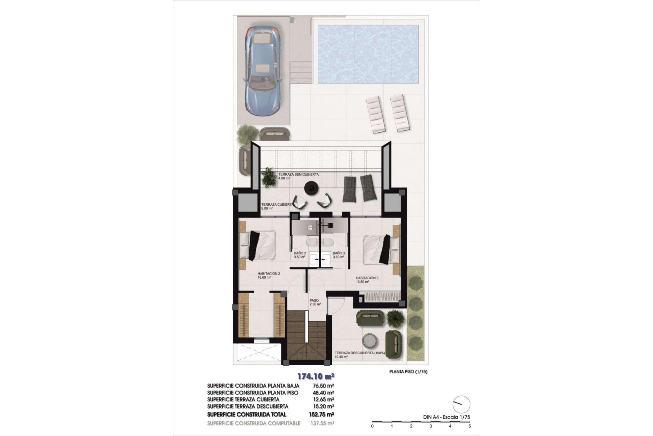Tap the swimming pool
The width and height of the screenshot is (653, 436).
pos(368,54)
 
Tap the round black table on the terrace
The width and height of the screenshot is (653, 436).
pos(311,188)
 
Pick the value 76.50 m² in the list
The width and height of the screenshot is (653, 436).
pos(323,386)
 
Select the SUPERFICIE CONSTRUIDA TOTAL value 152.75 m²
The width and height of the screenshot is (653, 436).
pos(323,415)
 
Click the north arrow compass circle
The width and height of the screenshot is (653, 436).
pos(462,404)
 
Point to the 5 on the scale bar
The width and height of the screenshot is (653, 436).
pos(469,426)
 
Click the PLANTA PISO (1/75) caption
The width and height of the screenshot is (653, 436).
pos(408,372)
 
